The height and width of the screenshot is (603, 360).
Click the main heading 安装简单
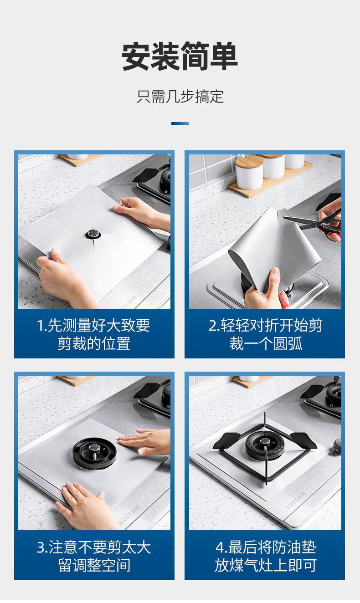[x=180, y=56]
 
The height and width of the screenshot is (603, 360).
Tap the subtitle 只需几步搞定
[x=180, y=97]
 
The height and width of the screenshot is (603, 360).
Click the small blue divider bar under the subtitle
[x=180, y=123]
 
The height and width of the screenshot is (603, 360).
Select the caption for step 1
[x=94, y=334]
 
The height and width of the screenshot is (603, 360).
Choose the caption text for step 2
[x=265, y=334]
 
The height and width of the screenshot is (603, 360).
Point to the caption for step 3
[x=94, y=556]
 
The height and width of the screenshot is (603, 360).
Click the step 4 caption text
[x=265, y=556]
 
